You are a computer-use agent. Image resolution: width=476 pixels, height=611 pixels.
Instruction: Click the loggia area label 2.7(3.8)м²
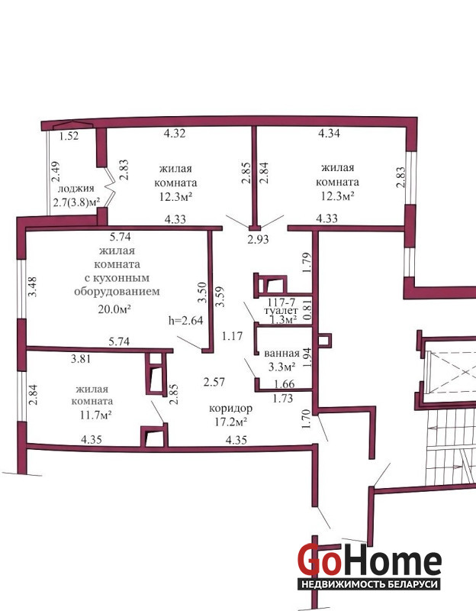click(x=76, y=202)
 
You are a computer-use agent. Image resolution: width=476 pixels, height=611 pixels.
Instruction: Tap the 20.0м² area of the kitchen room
click(x=114, y=309)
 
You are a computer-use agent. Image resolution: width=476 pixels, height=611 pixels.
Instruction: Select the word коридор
click(x=231, y=409)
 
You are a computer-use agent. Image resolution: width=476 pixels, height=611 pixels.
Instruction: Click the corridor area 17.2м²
click(x=232, y=422)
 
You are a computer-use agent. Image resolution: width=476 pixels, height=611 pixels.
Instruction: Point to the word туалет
click(x=281, y=311)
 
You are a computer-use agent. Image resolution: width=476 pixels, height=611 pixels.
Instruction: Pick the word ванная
click(x=281, y=354)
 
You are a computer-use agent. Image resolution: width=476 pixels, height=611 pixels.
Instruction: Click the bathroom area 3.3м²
click(x=281, y=367)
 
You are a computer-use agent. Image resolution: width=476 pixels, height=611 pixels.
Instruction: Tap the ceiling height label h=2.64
click(x=185, y=321)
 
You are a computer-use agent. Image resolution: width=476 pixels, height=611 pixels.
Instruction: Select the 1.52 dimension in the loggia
click(x=69, y=136)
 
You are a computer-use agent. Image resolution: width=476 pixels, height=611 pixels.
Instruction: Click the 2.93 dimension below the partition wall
click(x=259, y=239)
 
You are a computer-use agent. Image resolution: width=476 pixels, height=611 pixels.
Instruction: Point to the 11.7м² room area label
click(x=96, y=415)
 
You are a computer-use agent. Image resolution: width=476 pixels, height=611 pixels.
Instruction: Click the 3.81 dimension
click(x=81, y=359)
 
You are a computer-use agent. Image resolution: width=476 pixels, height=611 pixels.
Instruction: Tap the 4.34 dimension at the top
click(x=330, y=133)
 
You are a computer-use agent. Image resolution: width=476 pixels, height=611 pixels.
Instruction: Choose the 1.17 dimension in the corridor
click(x=233, y=335)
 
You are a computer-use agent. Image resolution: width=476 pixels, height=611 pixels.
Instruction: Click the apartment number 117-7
click(x=281, y=302)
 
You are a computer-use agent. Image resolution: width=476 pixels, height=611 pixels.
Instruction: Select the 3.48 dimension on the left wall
click(x=33, y=286)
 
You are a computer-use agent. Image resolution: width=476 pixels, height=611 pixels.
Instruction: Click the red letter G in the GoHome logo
click(x=310, y=560)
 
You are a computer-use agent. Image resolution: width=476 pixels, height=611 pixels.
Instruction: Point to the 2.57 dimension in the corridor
click(x=214, y=382)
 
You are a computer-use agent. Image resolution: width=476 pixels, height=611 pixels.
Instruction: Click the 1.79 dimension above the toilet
click(x=307, y=263)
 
